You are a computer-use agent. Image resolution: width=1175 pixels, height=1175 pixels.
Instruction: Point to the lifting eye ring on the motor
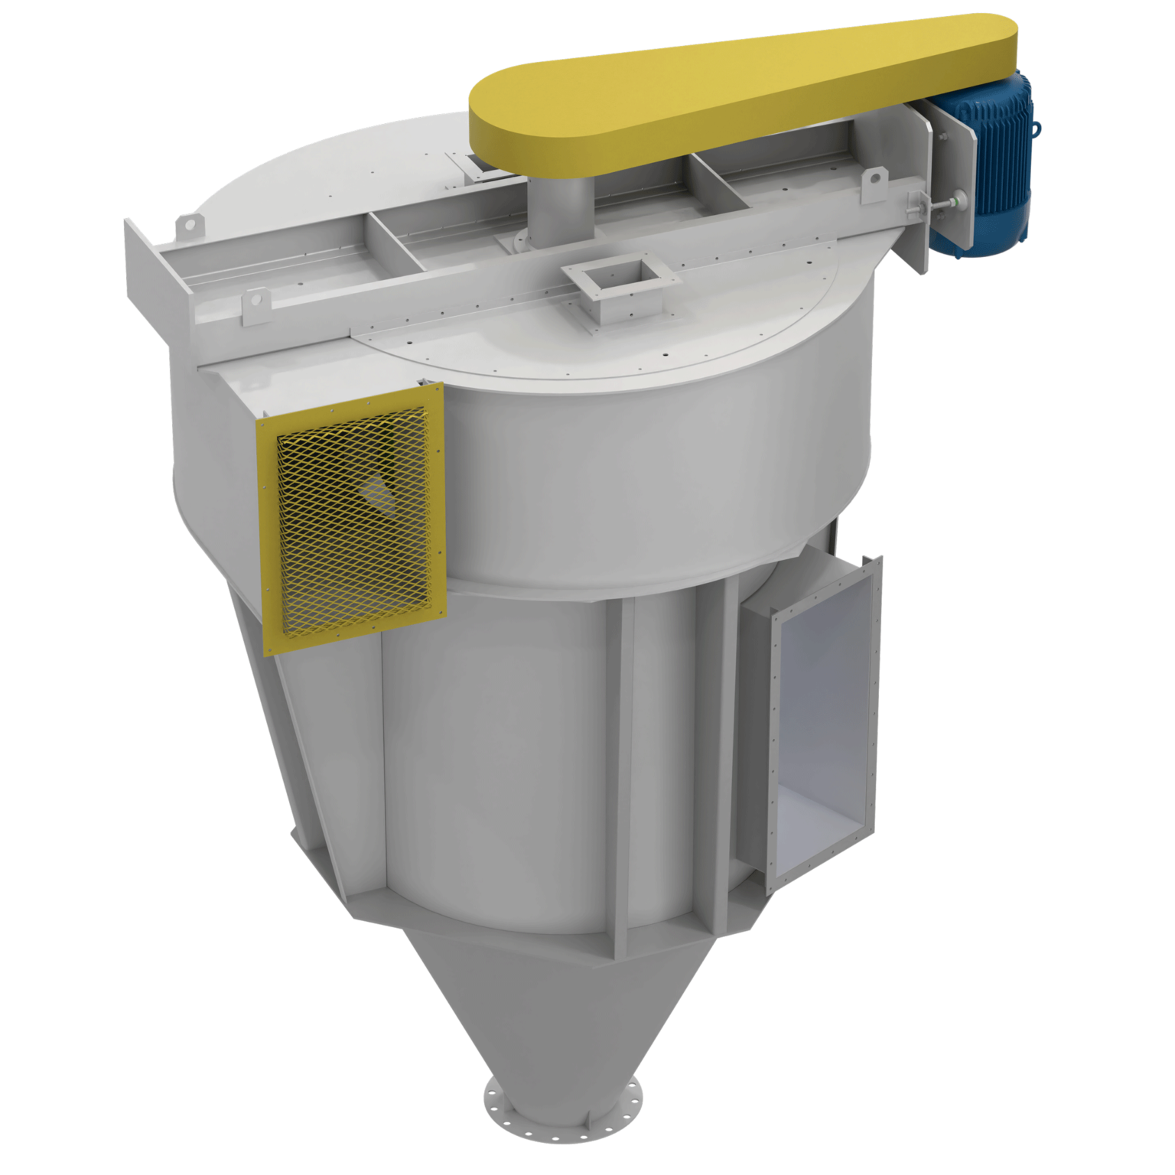pyautogui.click(x=1037, y=126)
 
